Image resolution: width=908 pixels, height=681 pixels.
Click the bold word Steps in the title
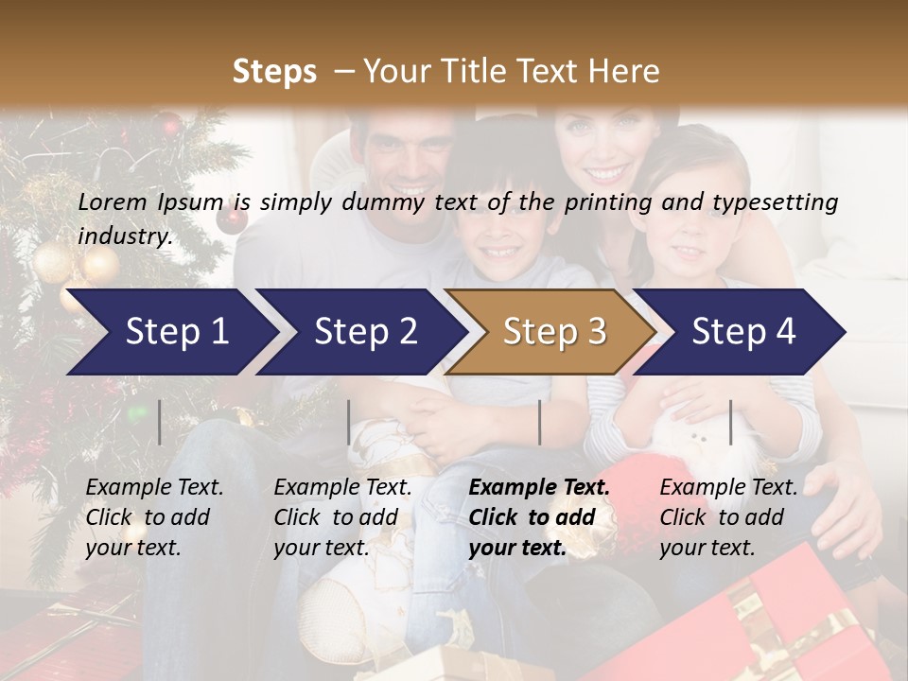274,72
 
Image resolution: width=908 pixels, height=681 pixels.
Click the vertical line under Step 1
160,422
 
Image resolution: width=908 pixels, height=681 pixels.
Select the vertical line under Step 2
349,422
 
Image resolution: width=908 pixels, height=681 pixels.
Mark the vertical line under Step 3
540,422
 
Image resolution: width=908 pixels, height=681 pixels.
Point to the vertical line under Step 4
731,422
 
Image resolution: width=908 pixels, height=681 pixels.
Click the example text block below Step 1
154,517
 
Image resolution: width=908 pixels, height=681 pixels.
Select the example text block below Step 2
342,517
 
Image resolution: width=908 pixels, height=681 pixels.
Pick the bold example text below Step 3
539,517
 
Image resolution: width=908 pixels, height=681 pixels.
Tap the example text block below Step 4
728,517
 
